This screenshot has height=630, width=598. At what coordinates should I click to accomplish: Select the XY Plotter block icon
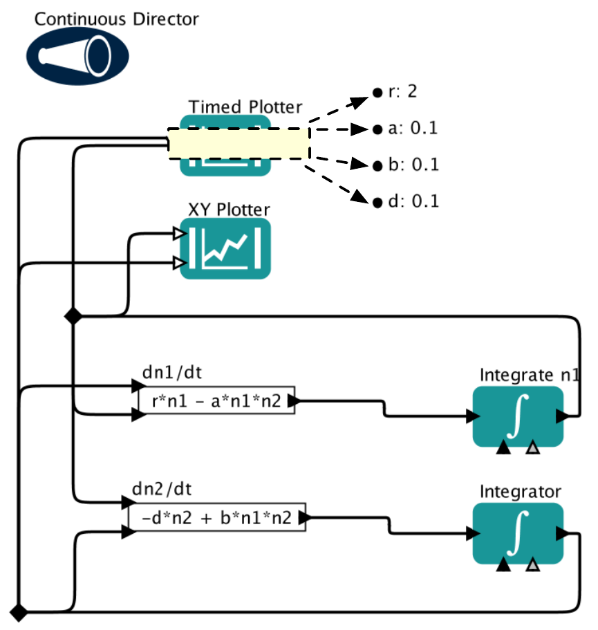225,248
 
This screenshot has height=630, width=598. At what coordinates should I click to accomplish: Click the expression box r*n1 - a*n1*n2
216,400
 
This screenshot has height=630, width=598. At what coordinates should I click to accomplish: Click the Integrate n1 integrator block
518,416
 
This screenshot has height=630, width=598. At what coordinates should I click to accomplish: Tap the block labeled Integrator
518,533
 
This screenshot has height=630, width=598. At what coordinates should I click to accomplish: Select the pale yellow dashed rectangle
239,144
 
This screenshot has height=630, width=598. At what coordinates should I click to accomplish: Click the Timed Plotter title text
245,107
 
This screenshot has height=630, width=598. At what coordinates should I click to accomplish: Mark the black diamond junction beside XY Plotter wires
72,316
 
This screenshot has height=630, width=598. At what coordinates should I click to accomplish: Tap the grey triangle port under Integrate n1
532,449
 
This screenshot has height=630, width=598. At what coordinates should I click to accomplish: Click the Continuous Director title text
116,19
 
